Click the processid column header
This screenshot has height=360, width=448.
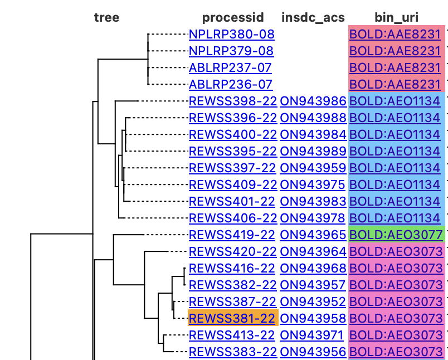click(233, 17)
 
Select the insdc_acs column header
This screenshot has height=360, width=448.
click(313, 17)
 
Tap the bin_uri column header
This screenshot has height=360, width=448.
click(397, 17)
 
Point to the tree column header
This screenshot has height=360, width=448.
click(106, 17)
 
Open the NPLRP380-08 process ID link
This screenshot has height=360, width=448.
click(231, 34)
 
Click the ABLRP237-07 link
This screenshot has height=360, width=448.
click(230, 67)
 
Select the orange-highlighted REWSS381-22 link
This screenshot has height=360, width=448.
click(232, 318)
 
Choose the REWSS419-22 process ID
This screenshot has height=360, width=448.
click(232, 235)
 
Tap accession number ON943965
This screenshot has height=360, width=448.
click(313, 235)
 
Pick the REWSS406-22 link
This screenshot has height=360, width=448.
click(232, 218)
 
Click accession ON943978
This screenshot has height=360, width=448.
click(313, 218)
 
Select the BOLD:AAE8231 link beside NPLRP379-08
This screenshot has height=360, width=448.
click(395, 51)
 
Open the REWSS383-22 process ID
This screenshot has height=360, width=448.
click(232, 352)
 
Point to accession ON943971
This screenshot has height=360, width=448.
click(313, 335)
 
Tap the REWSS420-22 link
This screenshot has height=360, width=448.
click(232, 251)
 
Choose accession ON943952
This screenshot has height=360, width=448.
click(313, 301)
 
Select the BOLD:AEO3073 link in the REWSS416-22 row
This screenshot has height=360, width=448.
click(396, 268)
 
